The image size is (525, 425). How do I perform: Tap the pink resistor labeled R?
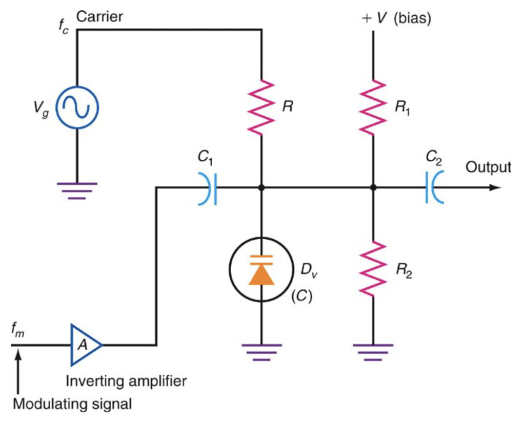click(x=262, y=107)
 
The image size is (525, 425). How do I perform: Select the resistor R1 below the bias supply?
click(x=373, y=107)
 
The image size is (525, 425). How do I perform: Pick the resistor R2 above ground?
click(x=373, y=269)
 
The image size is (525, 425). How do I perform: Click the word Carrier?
click(x=100, y=17)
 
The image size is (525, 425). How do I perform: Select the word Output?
click(x=488, y=167)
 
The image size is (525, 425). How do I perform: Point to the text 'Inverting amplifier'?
click(x=126, y=381)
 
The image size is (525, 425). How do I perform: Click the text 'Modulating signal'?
click(x=72, y=404)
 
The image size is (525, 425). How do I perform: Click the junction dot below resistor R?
click(x=262, y=188)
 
